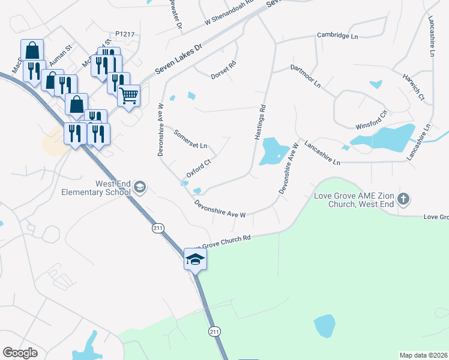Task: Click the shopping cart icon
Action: [129, 95]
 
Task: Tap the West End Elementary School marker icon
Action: [140, 188]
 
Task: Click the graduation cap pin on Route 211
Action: [195, 260]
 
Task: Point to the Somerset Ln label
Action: [190, 139]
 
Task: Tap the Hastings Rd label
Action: [261, 123]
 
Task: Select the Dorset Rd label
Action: [223, 70]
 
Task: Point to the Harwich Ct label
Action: [414, 87]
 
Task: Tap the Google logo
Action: [20, 353]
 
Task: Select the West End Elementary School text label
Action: [96, 188]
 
